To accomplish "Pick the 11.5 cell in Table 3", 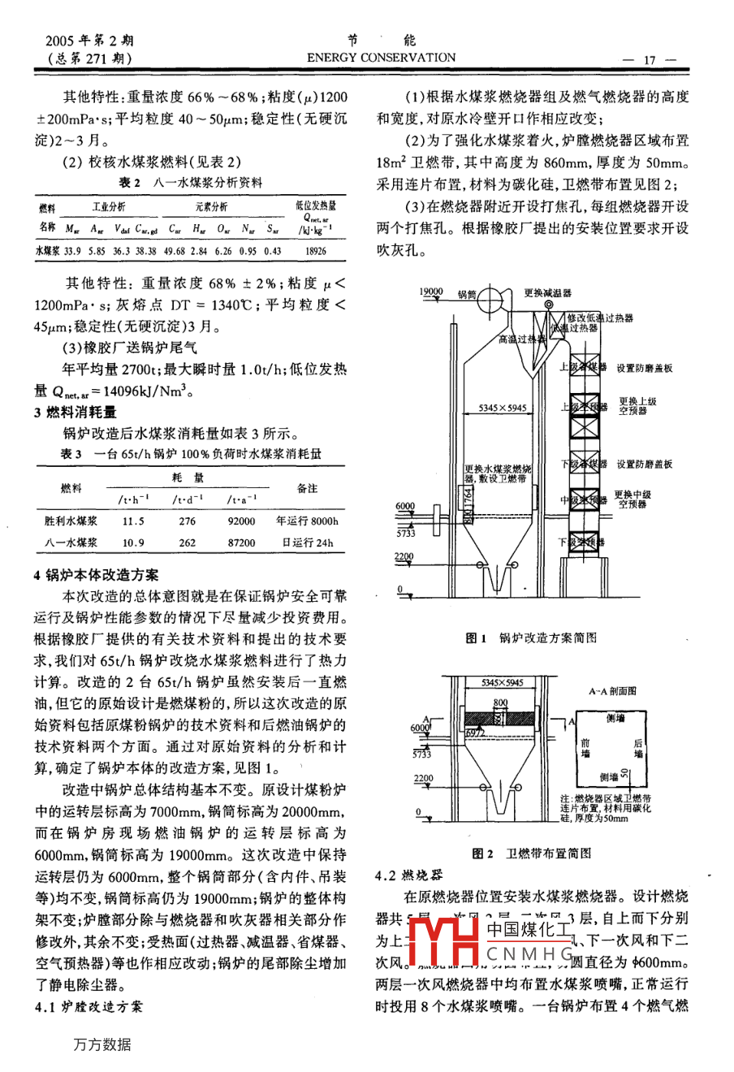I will coord(133,521).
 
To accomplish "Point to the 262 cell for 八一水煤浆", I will coord(188,542).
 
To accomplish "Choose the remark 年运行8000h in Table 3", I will coord(307,521).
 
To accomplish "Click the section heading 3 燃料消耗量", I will coord(76,412).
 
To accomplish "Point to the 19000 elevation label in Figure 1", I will coord(430,291).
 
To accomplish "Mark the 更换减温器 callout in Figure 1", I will coord(548,293).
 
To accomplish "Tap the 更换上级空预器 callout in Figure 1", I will coord(637,406).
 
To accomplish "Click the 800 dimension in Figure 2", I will coord(500,702).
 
